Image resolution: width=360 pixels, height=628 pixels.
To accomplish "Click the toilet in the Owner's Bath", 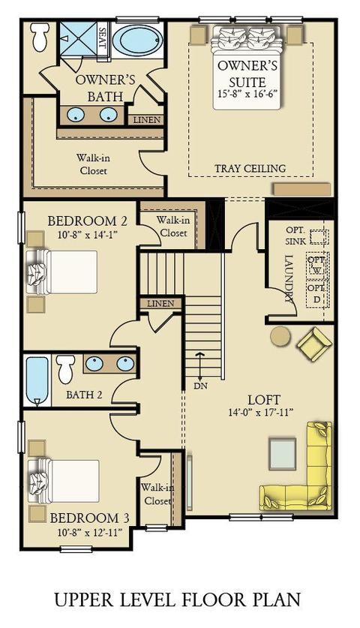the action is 40,37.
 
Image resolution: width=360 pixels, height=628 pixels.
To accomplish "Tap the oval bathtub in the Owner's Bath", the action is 137,40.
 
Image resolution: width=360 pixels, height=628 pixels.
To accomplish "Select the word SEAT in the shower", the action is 103,38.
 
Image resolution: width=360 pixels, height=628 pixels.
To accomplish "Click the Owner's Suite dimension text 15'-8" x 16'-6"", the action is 247,93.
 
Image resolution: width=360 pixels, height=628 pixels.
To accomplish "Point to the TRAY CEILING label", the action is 250,168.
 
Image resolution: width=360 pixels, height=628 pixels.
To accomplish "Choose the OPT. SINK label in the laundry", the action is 296,236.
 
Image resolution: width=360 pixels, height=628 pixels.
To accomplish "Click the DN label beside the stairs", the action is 199,386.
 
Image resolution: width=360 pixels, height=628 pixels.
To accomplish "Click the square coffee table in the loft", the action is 282,454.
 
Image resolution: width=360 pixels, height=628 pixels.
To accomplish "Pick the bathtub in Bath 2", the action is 37,380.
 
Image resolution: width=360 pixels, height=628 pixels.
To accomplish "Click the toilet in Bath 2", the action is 66,368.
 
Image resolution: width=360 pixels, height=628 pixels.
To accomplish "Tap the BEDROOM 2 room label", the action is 88,221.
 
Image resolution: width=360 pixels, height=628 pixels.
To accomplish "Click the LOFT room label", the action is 263,399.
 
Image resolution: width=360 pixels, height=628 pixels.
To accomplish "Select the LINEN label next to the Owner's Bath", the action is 146,120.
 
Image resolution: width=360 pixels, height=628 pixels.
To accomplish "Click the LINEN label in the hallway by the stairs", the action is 160,304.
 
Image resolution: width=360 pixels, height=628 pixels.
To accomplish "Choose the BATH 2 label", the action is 84,395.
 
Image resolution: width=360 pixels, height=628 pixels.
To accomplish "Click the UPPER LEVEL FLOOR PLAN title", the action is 178,599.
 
